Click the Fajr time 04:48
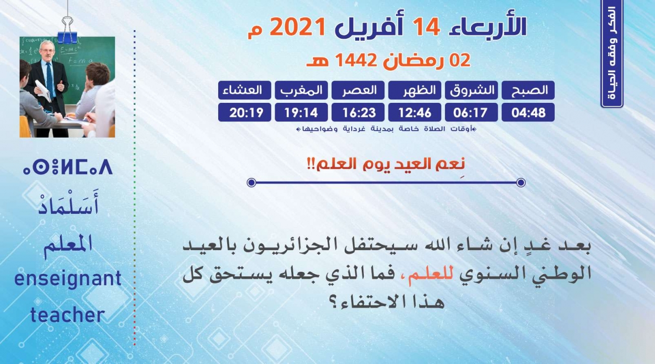[x=528, y=112]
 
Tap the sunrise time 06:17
[x=472, y=112]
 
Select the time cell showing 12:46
[x=415, y=112]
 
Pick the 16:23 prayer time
[x=358, y=112]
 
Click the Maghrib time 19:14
[x=301, y=112]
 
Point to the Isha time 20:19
[x=244, y=112]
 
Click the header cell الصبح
[x=528, y=90]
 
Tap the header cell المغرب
[x=301, y=90]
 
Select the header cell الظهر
[x=415, y=90]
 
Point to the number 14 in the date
[x=426, y=27]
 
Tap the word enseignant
[x=68, y=279]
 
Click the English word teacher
[x=68, y=315]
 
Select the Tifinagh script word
[x=68, y=167]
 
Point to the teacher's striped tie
[x=50, y=80]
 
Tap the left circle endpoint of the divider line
[x=251, y=183]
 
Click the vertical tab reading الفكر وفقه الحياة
[x=612, y=54]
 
